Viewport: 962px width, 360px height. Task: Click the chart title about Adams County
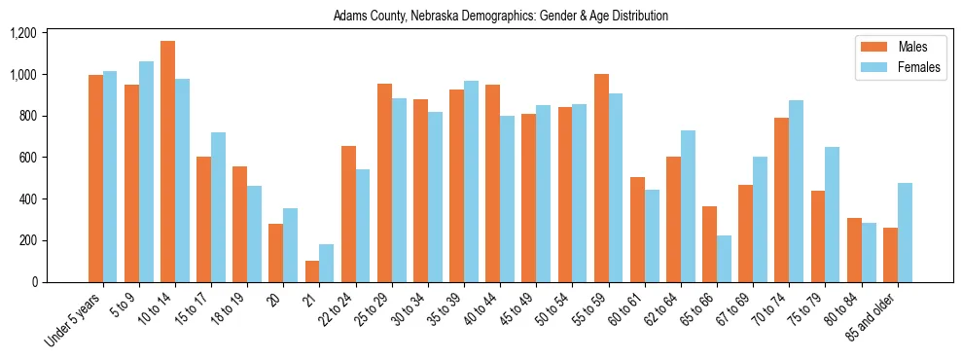click(500, 17)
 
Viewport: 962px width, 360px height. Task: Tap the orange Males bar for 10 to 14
click(167, 162)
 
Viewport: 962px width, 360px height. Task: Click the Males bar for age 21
click(312, 271)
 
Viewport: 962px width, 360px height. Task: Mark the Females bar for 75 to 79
click(833, 214)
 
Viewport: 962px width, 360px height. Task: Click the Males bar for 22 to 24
click(348, 214)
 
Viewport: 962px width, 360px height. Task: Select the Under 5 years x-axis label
click(74, 320)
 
